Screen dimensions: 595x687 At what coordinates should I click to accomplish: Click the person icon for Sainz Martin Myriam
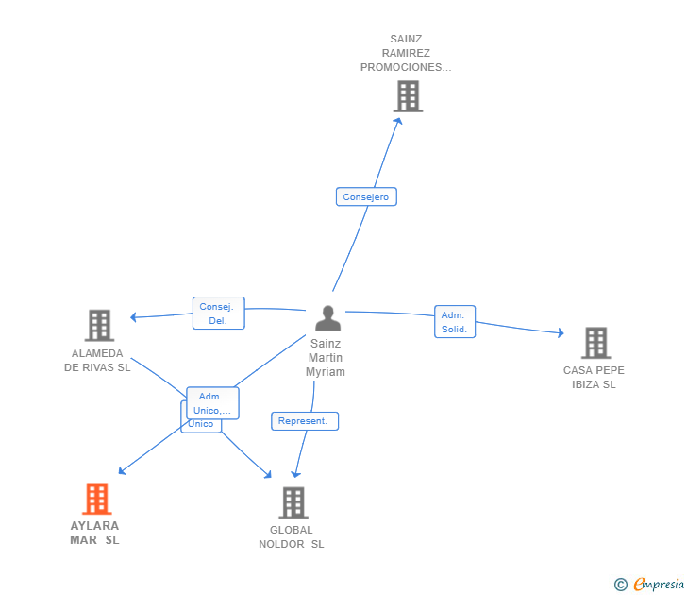327,317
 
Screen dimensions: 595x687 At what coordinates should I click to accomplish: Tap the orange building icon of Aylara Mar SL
97,499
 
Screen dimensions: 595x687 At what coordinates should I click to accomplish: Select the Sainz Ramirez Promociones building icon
408,96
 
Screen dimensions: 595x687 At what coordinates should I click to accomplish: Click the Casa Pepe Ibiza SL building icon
595,343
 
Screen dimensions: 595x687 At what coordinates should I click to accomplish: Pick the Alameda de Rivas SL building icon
99,326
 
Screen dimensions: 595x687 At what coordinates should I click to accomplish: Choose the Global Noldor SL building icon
293,502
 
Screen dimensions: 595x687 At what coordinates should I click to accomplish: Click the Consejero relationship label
366,197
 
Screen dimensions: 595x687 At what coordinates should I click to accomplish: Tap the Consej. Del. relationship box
219,314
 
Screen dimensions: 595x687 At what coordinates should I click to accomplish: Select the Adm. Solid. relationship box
454,322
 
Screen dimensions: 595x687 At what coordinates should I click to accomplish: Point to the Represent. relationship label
304,421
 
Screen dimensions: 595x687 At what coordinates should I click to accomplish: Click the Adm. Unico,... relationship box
212,403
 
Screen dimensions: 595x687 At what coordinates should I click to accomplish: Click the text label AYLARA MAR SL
94,533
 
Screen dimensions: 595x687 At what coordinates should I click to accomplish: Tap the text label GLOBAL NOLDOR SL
292,536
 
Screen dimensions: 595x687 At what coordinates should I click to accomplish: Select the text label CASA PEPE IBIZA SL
594,377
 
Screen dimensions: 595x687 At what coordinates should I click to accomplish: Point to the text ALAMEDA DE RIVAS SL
97,360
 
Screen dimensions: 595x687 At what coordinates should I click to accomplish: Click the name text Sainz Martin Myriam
326,358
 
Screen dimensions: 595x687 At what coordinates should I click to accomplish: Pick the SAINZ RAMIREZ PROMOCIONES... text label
406,54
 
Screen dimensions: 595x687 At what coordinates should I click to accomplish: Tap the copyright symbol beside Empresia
621,585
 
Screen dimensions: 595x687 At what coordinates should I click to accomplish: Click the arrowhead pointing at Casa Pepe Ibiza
560,332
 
